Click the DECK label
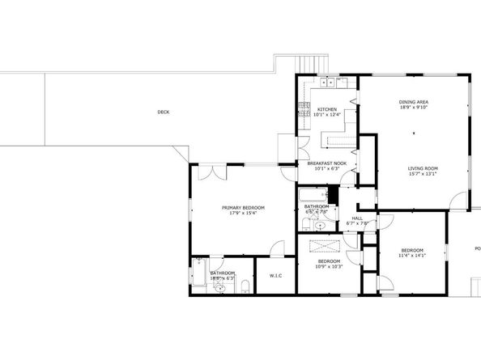click(x=163, y=112)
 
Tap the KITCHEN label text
click(x=326, y=109)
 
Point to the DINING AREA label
click(x=413, y=102)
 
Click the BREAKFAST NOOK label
click(x=326, y=163)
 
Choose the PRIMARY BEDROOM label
click(x=243, y=208)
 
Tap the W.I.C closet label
click(x=275, y=277)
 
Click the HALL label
click(x=357, y=218)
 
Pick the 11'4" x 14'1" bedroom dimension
click(x=412, y=256)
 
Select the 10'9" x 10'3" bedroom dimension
click(x=329, y=266)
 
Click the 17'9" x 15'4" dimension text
click(x=243, y=214)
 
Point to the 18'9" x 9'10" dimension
click(x=413, y=108)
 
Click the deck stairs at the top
click(x=309, y=62)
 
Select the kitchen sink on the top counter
click(x=328, y=82)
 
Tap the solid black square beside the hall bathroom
click(x=331, y=195)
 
